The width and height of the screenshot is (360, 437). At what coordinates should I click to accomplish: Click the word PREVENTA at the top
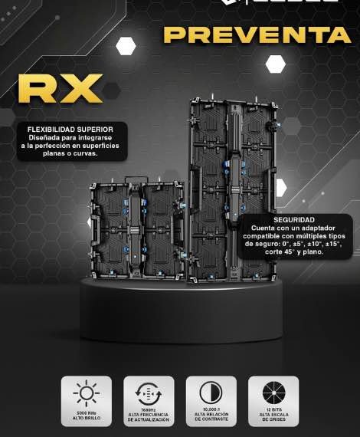(257, 35)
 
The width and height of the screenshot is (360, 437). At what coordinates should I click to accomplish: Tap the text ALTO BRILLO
(86, 419)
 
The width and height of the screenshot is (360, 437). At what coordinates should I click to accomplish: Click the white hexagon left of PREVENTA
(126, 45)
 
